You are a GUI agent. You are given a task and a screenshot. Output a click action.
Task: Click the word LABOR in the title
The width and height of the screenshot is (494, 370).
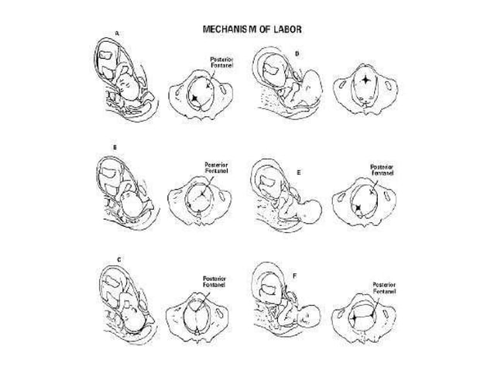coord(284,29)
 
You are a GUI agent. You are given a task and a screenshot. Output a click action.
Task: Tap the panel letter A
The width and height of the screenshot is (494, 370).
coord(117,33)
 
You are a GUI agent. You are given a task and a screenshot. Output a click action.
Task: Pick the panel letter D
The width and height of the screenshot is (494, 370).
coord(297,53)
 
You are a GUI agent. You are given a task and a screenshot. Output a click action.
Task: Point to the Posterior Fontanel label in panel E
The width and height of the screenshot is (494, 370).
coord(382,170)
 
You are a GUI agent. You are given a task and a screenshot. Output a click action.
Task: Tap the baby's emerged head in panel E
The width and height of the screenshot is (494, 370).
coord(313,210)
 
